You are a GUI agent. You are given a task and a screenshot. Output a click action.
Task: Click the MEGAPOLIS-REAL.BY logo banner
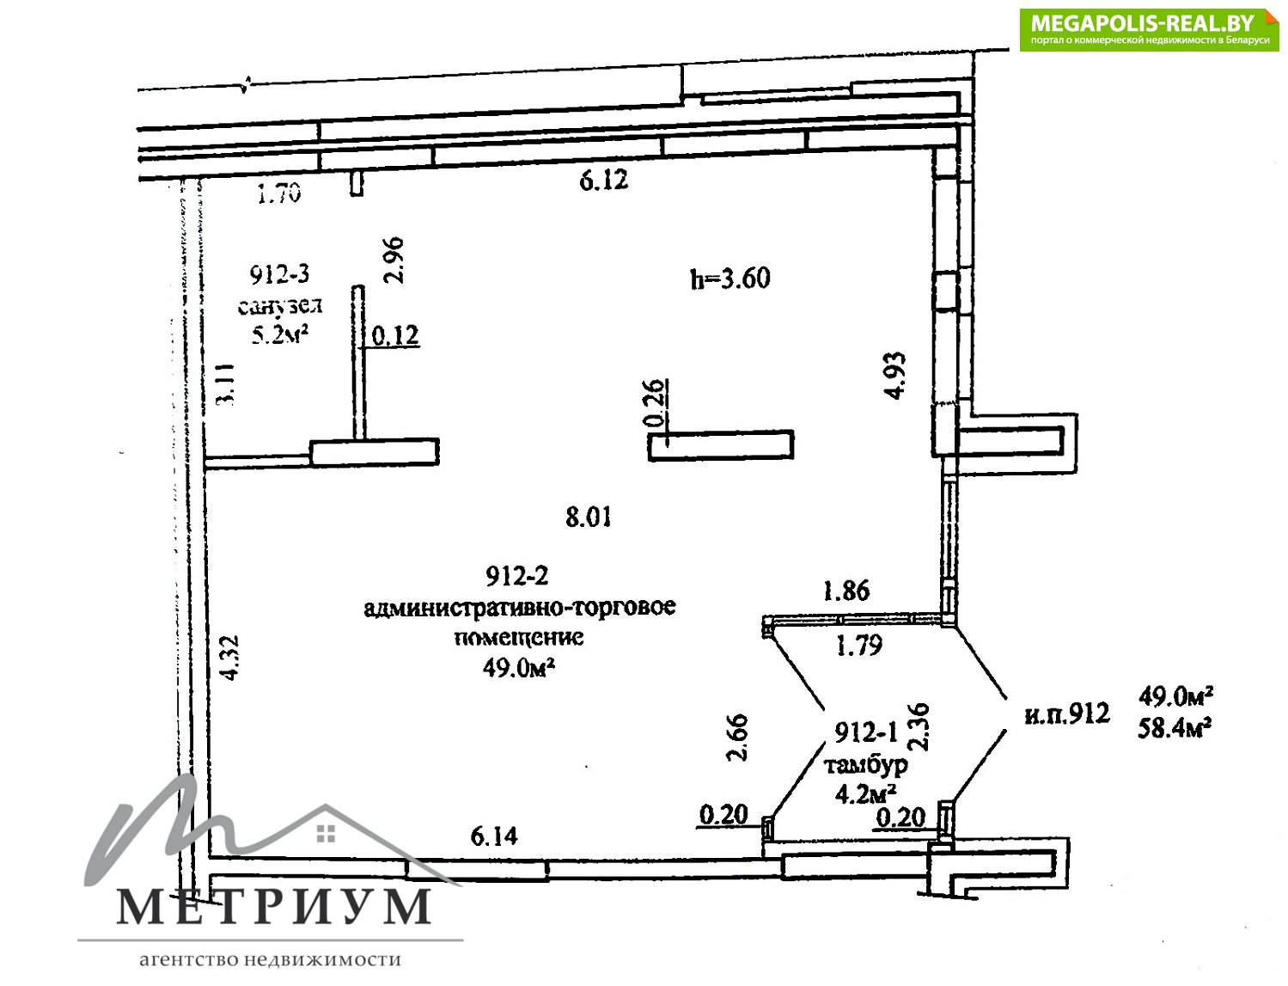pos(1148,30)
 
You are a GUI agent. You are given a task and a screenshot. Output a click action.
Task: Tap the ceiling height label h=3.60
pos(730,278)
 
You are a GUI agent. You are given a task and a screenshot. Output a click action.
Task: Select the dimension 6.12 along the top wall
pos(603,180)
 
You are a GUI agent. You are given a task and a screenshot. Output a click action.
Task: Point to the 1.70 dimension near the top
pos(279,193)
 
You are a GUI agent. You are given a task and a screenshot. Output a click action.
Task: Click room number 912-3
pos(279,274)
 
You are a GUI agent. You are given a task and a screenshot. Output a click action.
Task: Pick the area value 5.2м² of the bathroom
pos(280,335)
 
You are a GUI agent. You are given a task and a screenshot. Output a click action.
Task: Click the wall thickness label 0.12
pos(395,336)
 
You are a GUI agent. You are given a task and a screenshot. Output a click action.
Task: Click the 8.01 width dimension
pos(588,517)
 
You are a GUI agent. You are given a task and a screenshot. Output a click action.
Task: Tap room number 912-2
pos(516,576)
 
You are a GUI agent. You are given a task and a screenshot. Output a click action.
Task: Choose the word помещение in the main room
pos(519,637)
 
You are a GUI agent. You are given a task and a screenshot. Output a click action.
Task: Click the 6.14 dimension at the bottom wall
pos(494,836)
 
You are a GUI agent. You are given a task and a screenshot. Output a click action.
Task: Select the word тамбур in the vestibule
pos(866,765)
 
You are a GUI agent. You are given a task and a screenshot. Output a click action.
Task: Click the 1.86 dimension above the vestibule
pos(846,591)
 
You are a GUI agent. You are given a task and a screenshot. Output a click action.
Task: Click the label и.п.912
pos(1067,713)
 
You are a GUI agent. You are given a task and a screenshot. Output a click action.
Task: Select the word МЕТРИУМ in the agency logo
pos(273,908)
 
